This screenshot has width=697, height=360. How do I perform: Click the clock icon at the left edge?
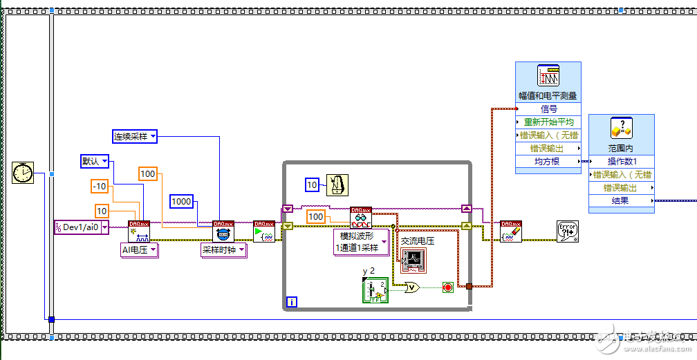pos(23,173)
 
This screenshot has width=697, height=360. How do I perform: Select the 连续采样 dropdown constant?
pos(135,136)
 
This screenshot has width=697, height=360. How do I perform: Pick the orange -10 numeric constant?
pos(100,186)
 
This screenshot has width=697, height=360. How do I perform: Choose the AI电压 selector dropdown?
pos(139,250)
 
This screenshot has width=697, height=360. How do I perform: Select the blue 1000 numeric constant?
pos(182,201)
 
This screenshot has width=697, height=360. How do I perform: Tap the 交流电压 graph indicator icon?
pos(413,260)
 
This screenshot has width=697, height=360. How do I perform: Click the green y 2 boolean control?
pos(374,290)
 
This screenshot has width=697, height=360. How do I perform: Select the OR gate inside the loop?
pos(411,287)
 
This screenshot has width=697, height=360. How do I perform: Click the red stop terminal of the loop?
pos(447,287)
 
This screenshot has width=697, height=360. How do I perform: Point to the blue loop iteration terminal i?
pos(292,302)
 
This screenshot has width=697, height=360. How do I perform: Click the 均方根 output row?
pos(548,162)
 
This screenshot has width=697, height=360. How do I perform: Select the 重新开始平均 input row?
pos(548,122)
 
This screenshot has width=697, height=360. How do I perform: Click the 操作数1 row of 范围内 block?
pos(621,162)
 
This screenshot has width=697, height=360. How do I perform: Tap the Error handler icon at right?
pos(568,231)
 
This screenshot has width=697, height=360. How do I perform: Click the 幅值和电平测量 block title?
pos(548,95)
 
